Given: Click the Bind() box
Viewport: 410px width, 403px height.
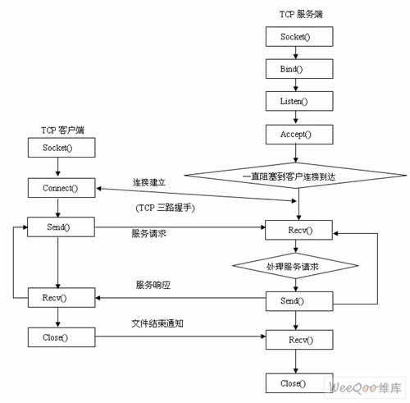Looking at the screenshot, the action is coord(299,69).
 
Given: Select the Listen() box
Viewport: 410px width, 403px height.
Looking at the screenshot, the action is coord(299,101).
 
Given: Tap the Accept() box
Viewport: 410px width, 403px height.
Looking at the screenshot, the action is coord(299,135).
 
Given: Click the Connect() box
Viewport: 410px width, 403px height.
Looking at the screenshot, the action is coord(61,188).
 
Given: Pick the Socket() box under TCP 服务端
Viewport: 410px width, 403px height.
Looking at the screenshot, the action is coord(299,36).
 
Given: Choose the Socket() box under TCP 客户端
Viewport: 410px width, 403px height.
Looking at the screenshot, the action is coord(61,148).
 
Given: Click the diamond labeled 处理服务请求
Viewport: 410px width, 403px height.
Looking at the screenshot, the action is coord(295,266).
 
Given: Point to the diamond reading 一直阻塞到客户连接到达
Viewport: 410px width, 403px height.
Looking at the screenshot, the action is coord(295,176).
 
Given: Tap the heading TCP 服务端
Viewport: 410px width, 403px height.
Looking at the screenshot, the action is coord(301,14).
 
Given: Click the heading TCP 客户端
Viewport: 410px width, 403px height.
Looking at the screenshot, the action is coord(62,130).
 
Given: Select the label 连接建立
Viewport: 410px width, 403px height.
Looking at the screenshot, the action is coord(149,182).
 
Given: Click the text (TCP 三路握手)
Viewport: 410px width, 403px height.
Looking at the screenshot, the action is coord(165,208).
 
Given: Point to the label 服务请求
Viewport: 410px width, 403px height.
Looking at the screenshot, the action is coord(148,233).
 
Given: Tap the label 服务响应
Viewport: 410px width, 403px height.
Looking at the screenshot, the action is coord(153,285).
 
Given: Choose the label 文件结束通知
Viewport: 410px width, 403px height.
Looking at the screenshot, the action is coord(157,323).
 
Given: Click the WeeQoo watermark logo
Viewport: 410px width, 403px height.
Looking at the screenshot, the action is coord(365,387).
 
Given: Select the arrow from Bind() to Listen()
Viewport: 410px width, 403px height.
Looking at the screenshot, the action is coord(295,85).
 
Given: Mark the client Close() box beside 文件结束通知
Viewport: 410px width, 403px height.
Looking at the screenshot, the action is coord(61,337).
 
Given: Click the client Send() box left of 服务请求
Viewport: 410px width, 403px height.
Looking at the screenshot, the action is coord(61,227).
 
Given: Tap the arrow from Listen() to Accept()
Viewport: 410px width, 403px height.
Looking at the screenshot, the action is coord(295,118).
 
